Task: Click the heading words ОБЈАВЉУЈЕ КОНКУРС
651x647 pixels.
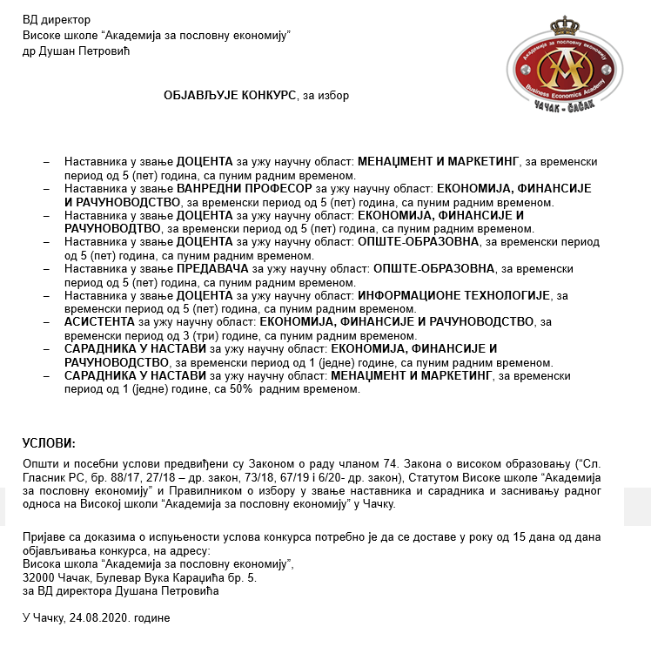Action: point(230,96)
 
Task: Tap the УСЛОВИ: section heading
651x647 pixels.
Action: point(49,442)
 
